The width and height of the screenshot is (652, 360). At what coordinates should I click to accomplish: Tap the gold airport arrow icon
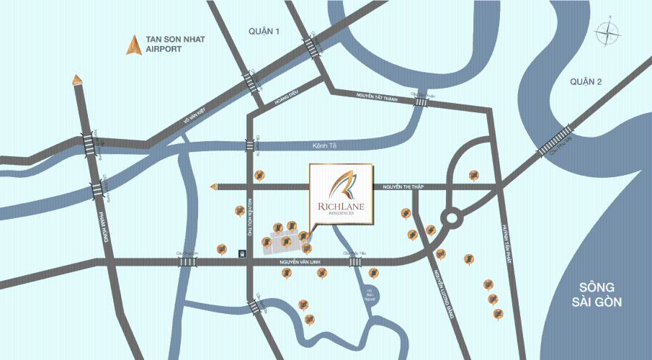pos(134,45)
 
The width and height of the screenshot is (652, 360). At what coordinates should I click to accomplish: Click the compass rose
pos(607,32)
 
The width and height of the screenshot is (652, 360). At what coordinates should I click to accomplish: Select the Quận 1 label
pos(264,31)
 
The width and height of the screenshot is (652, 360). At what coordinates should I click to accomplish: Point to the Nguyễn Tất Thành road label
pos(376,96)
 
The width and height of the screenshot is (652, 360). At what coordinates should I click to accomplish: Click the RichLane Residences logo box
pos(341,193)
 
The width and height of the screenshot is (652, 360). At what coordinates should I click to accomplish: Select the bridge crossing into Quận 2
pos(557,140)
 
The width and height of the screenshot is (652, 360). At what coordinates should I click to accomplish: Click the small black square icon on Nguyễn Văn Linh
pos(241,253)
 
